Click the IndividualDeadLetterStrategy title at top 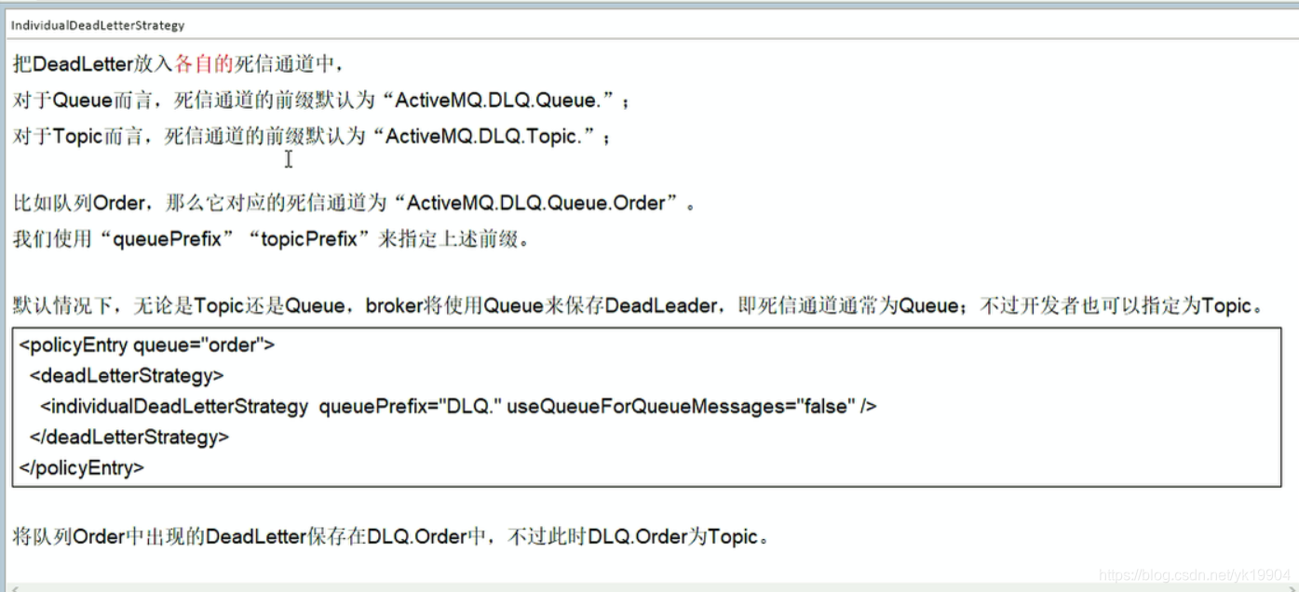click(98, 25)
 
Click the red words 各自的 click(203, 64)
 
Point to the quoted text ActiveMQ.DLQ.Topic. click(482, 137)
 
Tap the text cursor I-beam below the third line click(289, 159)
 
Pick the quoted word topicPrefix click(309, 239)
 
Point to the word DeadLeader click(661, 305)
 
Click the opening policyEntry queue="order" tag click(147, 345)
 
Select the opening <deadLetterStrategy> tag click(127, 376)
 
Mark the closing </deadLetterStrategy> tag click(129, 437)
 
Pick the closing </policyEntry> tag click(82, 467)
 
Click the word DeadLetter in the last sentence click(255, 537)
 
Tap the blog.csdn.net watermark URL click(1194, 577)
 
